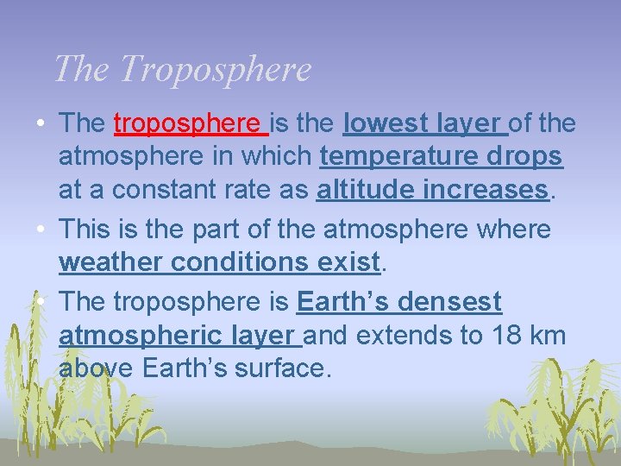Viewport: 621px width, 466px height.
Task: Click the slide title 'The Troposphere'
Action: click(x=182, y=69)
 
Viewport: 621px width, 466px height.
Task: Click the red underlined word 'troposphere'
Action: click(x=191, y=123)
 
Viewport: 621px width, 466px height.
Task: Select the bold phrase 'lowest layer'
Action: click(x=424, y=123)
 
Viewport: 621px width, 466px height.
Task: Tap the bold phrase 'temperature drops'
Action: click(x=441, y=157)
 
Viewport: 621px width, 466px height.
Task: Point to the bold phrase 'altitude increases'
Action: click(x=432, y=190)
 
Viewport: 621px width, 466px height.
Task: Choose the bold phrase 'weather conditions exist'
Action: click(x=219, y=261)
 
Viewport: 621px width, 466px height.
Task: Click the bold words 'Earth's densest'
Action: click(x=398, y=302)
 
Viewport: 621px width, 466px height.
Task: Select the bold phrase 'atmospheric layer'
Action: click(x=179, y=335)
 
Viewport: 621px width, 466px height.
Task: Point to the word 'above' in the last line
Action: click(x=96, y=368)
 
